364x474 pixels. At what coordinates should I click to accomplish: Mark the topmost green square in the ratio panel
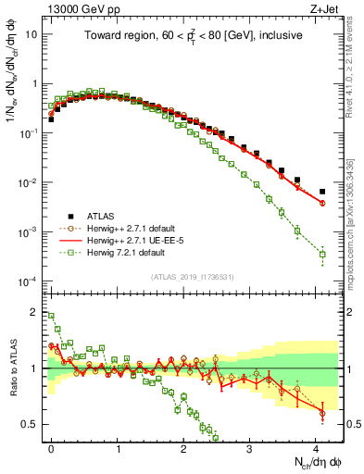pos(51,316)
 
